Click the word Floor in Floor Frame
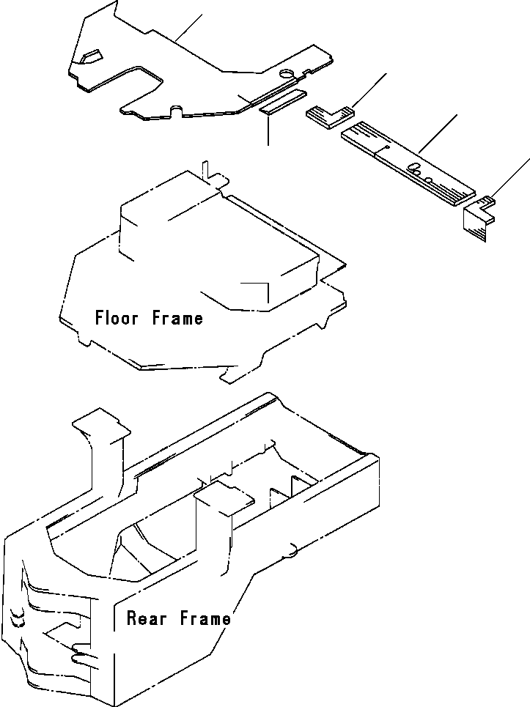coord(120,318)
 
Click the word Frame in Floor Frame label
coord(178,318)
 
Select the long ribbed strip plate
coord(407,162)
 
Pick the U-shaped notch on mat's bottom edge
coord(174,111)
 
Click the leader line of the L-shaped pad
coord(370,89)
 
